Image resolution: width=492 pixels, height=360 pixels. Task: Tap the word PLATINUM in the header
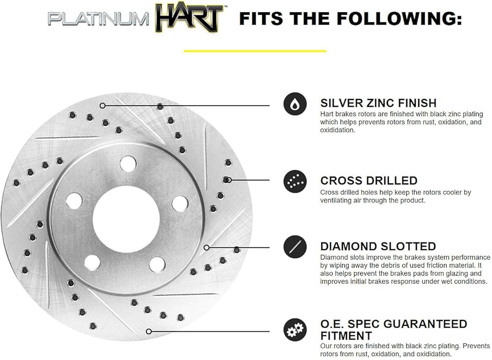98,19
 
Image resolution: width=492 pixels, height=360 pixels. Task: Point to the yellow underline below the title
255,50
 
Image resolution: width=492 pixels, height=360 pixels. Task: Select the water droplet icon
295,104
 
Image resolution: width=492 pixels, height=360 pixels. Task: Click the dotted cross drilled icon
295,181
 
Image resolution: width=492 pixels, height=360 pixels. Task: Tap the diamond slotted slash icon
295,247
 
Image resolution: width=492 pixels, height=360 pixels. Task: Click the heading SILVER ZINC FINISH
378,103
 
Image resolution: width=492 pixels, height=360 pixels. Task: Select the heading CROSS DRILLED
369,180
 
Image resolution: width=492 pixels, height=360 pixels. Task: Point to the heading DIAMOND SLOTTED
378,246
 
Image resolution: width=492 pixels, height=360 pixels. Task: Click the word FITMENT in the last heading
346,336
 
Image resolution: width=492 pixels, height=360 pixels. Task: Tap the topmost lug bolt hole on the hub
128,163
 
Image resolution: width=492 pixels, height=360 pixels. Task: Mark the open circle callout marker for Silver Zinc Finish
102,105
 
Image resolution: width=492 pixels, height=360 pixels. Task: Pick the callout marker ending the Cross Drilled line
229,180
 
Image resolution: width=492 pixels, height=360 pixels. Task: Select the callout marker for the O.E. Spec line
149,331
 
